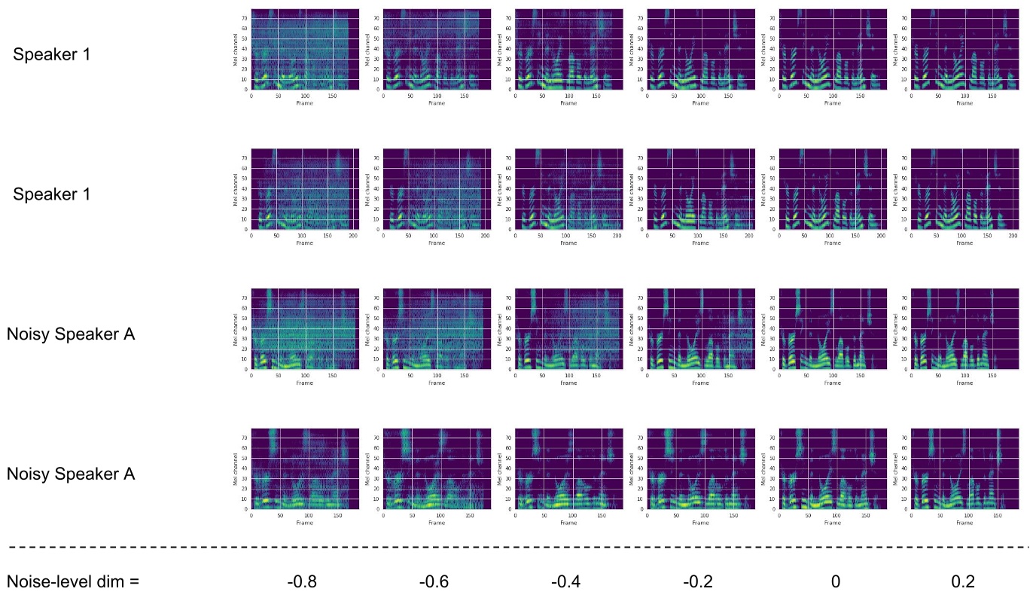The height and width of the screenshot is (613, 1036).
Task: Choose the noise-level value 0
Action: coord(835,582)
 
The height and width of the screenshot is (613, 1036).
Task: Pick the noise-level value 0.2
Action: coord(963,582)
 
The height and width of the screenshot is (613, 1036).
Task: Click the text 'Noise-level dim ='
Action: coord(73,582)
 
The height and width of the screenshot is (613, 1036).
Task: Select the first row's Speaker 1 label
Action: coord(52,54)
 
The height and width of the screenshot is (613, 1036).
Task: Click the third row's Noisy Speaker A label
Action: coord(71,334)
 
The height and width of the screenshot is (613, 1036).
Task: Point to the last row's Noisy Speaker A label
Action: coord(71,474)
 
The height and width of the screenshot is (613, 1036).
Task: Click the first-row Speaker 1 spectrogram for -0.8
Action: coord(300,49)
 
